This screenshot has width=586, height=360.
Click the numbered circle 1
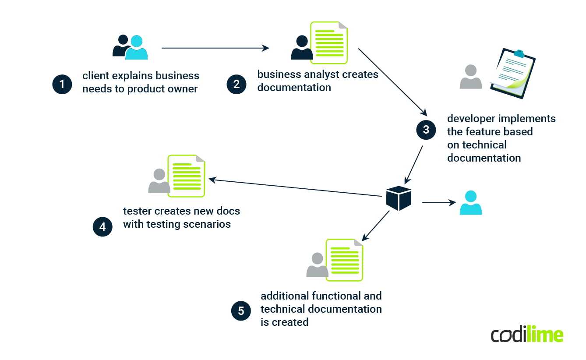pos(62,84)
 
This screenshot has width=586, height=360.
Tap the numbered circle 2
pos(237,84)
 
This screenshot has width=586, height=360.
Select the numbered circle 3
pos(426,130)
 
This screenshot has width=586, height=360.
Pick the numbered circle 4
pos(102,227)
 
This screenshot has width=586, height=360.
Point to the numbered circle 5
pos(241,311)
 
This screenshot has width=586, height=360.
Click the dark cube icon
pos(399,198)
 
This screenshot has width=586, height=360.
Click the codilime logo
pos(527,335)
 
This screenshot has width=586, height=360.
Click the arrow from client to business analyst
pos(215,48)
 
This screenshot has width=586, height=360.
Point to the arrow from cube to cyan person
pos(438,202)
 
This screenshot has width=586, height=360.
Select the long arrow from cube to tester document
pos(293,187)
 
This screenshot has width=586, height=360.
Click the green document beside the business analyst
pos(329,42)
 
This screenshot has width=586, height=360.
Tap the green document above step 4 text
pos(187,176)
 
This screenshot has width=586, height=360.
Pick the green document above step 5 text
pos(344,260)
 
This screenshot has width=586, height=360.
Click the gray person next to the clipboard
pos(471,77)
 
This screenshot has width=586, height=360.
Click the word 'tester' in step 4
pos(136,211)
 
